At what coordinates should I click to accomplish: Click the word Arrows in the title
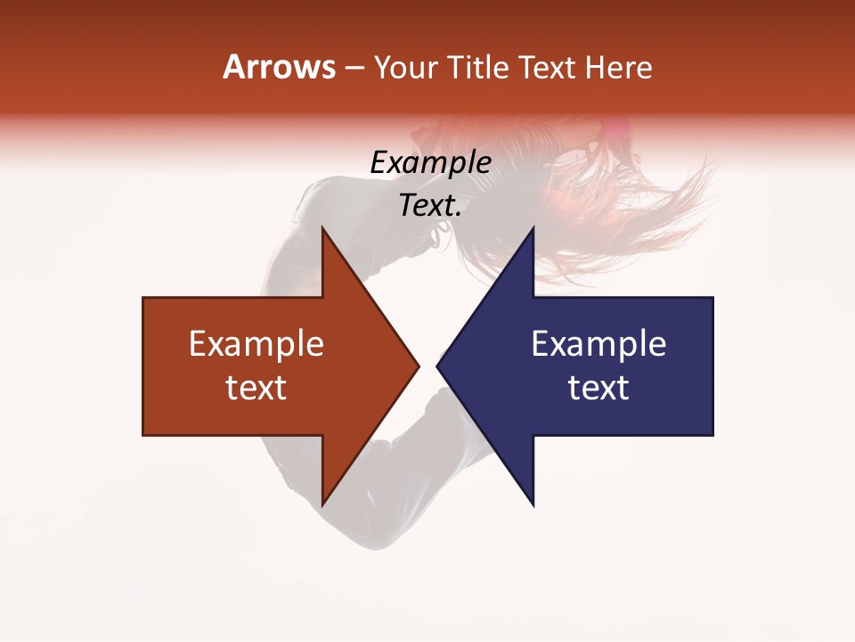(279, 67)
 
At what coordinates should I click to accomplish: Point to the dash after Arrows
(354, 69)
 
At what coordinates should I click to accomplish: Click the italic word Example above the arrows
(431, 162)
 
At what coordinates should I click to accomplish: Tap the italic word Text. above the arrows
(431, 206)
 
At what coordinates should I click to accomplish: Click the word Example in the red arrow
(256, 343)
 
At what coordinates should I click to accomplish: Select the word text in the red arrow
(256, 388)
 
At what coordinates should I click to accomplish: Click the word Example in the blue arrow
(598, 343)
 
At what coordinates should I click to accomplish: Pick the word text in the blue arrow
(598, 388)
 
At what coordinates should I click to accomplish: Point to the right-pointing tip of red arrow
(418, 366)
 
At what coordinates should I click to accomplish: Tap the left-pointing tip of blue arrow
(438, 366)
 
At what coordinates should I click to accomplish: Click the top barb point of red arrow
(322, 228)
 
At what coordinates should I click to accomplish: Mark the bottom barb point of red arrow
(322, 504)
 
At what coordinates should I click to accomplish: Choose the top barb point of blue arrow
(533, 228)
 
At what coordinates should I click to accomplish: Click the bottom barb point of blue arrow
(533, 504)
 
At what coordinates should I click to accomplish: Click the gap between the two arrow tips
(427, 366)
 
